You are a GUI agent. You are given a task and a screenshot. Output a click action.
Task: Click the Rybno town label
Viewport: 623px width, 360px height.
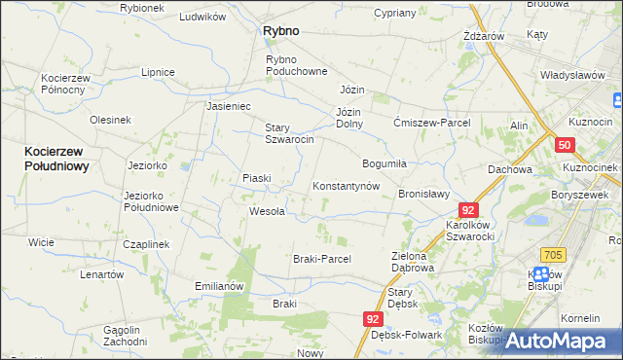(x=281, y=31)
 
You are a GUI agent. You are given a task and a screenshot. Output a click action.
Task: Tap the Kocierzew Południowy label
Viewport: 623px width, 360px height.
(x=57, y=159)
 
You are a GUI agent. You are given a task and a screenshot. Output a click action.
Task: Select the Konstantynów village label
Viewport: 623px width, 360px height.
(x=345, y=186)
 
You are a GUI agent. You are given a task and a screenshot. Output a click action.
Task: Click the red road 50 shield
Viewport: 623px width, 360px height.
(x=565, y=145)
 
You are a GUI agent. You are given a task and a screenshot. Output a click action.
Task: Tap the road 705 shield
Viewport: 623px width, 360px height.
(x=553, y=254)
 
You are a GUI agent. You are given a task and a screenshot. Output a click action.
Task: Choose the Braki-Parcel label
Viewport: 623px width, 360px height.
(x=321, y=259)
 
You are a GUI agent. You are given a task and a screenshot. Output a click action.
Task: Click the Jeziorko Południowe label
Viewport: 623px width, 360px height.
(x=151, y=201)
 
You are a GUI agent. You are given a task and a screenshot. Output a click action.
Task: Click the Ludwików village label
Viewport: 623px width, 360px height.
(x=202, y=18)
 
